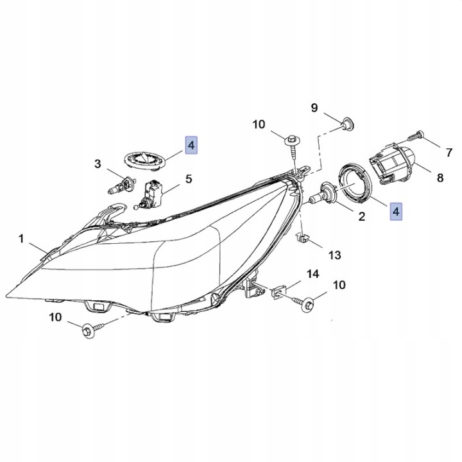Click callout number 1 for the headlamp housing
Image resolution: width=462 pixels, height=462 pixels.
21,239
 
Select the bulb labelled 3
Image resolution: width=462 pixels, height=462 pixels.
121,185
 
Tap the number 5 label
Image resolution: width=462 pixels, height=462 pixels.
189,179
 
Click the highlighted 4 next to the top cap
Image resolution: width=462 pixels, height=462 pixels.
191,145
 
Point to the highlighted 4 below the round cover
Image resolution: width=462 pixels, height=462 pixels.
396,211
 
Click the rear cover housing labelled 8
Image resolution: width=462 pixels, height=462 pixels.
393,162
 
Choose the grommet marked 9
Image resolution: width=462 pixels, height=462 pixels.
347,124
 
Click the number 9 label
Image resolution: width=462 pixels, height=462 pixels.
314,108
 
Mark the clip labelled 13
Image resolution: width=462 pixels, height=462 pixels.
302,237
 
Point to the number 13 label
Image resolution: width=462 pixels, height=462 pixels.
335,255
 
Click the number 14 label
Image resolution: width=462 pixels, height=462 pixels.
313,274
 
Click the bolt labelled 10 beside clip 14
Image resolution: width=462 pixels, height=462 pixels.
305,303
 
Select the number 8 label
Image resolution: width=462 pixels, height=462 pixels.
440,178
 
